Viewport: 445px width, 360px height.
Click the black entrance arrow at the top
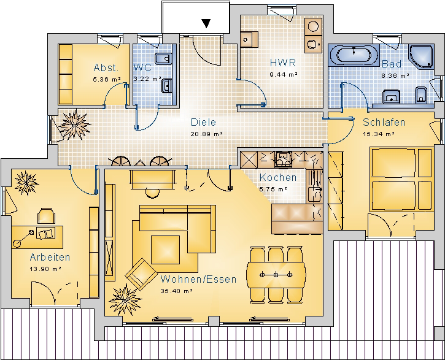[x=207, y=23]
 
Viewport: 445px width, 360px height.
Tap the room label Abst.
[x=106, y=67]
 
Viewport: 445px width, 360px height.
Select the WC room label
[x=142, y=67]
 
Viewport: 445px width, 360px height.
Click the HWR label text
[x=283, y=63]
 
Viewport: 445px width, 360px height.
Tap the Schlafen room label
[x=384, y=122]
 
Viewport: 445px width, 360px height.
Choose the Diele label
[x=203, y=122]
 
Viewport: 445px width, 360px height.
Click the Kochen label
[x=277, y=177]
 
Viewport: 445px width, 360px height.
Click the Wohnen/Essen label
[x=198, y=280]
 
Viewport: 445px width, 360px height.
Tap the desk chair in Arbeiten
[x=45, y=215]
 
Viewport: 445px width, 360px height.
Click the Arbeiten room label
[x=50, y=257]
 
